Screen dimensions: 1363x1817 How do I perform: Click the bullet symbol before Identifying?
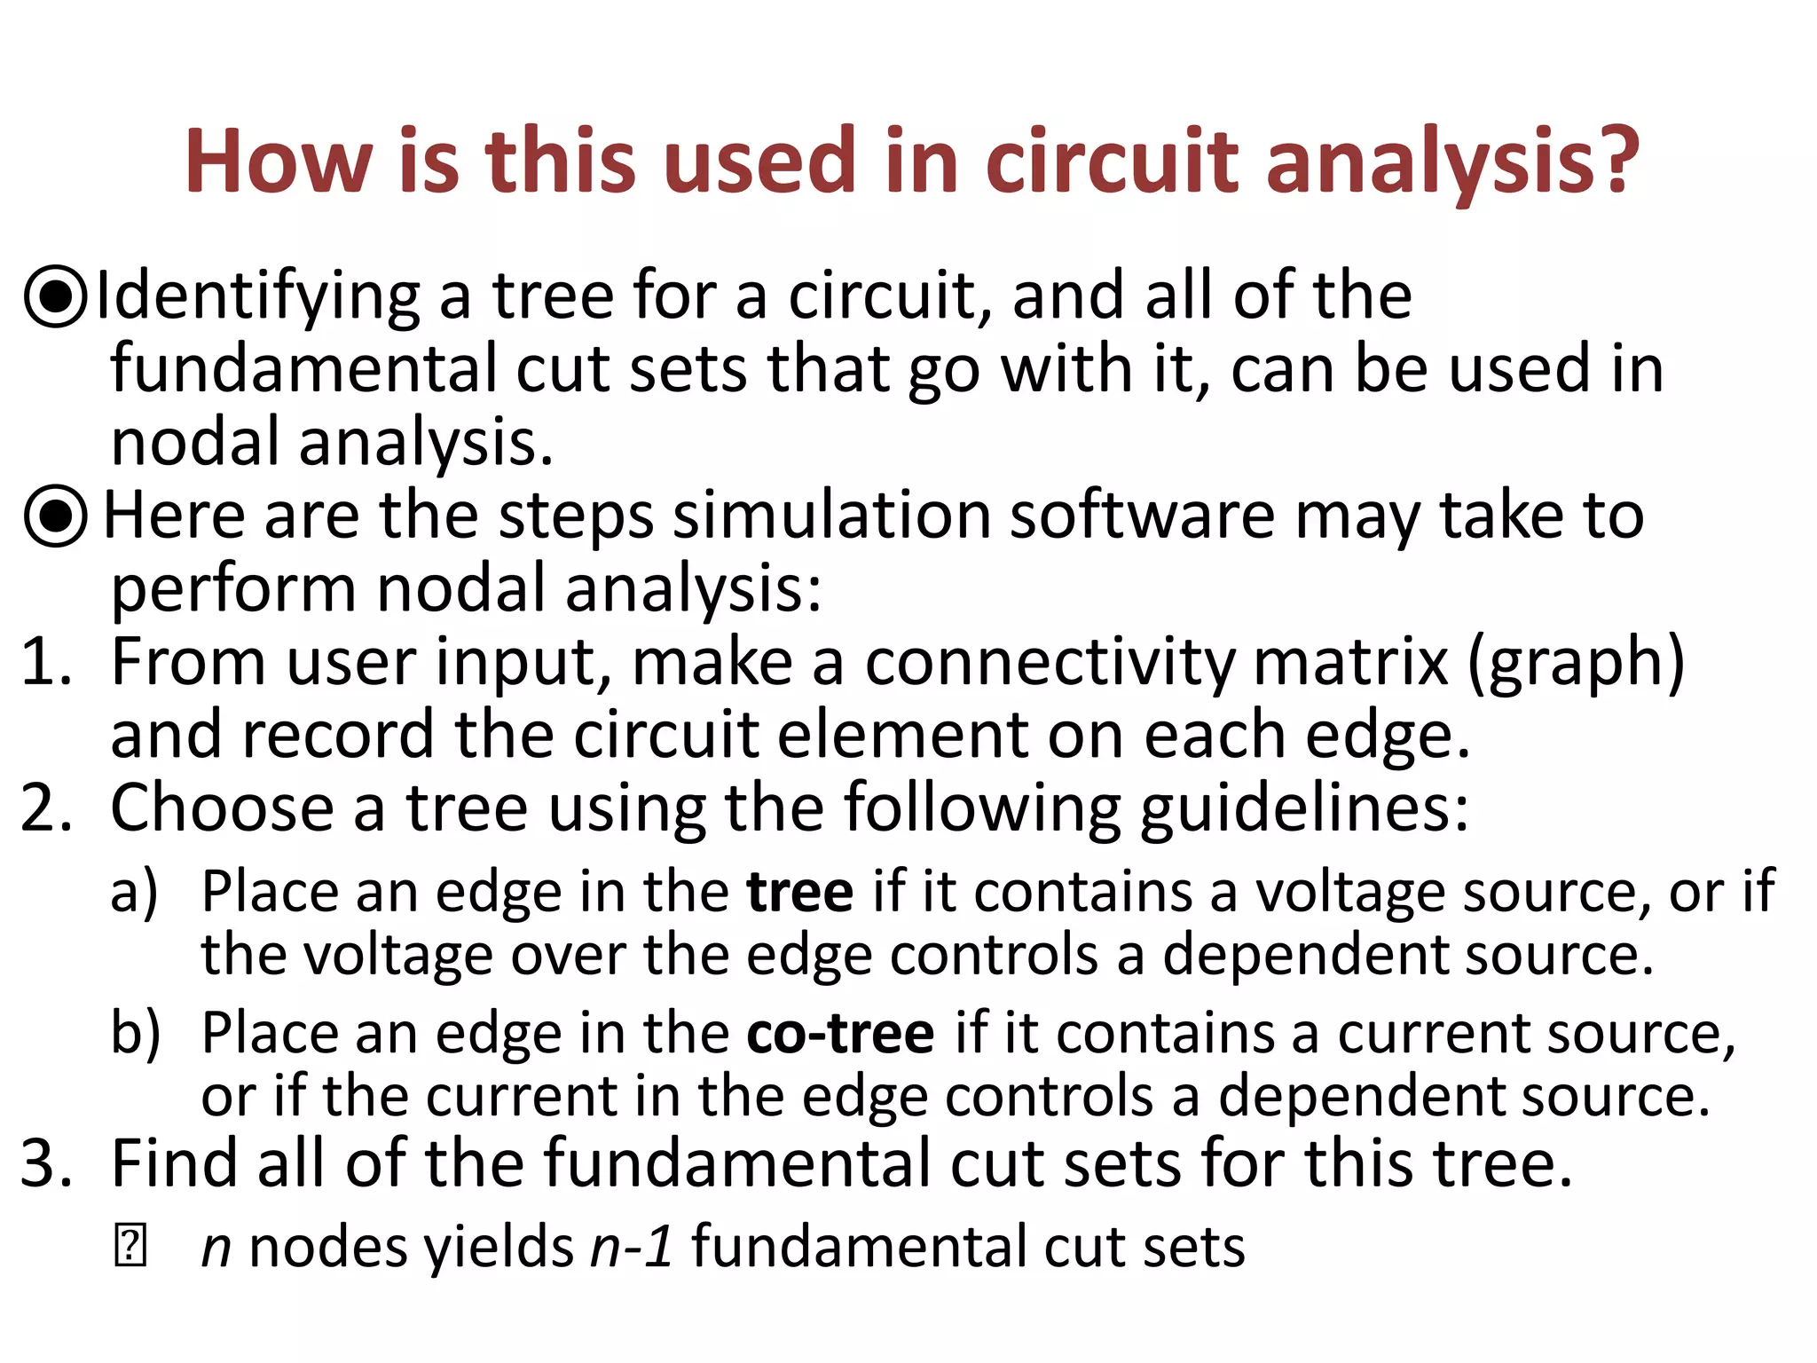pos(56,296)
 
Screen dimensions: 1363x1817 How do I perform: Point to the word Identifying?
pos(257,298)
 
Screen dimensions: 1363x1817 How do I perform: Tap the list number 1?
pos(44,663)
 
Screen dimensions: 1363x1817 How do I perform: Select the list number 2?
pos(44,808)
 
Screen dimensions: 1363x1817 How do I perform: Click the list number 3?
pos(44,1163)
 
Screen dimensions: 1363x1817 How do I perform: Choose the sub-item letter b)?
pos(135,1034)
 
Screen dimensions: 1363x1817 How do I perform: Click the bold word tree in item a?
pos(800,892)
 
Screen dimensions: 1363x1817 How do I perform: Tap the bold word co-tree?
pos(840,1034)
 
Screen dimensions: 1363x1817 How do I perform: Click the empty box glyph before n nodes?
pos(130,1247)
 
